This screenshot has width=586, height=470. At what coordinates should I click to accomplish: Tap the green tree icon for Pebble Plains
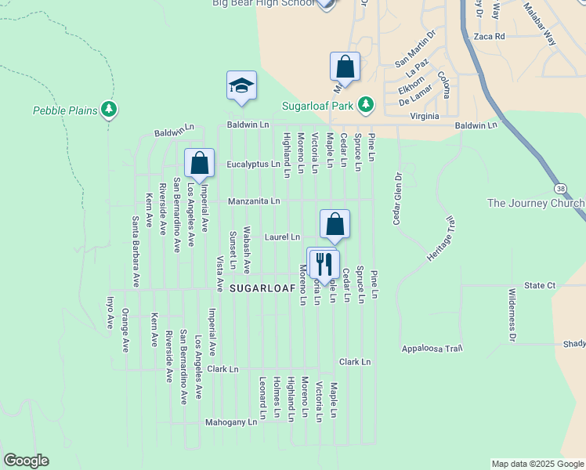click(x=110, y=110)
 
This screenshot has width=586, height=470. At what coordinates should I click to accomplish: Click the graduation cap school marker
click(x=242, y=87)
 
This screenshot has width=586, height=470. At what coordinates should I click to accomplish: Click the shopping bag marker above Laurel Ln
click(x=335, y=225)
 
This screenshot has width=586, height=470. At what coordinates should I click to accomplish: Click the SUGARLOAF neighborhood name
click(x=262, y=289)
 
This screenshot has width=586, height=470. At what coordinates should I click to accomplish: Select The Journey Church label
click(x=536, y=204)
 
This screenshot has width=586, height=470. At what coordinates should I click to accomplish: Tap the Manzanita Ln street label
click(x=254, y=201)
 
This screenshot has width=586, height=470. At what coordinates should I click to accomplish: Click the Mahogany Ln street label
click(x=231, y=422)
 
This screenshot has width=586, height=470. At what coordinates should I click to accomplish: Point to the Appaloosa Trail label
click(x=432, y=348)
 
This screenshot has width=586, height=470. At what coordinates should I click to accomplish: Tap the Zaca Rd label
click(x=489, y=36)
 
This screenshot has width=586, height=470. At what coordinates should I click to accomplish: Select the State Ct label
click(x=540, y=285)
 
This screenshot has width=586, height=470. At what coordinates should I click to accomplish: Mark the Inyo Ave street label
click(x=110, y=311)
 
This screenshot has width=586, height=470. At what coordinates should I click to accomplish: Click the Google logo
click(x=26, y=461)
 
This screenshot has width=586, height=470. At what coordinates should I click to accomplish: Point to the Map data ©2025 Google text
click(x=537, y=464)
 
